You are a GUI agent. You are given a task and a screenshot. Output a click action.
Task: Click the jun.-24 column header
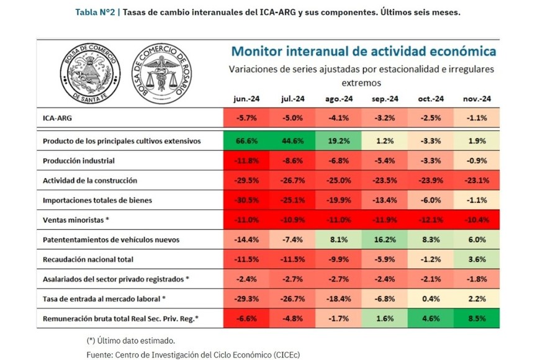coord(245,99)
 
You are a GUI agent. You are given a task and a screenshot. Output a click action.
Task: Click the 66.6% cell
coord(245,141)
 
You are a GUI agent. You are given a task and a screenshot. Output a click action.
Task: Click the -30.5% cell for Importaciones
coord(245,200)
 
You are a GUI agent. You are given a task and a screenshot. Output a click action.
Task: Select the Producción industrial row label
coord(79,161)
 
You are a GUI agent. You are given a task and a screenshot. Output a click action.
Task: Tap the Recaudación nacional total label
coord(88,259)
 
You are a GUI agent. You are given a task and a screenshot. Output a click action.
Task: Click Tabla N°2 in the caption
coord(93,12)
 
